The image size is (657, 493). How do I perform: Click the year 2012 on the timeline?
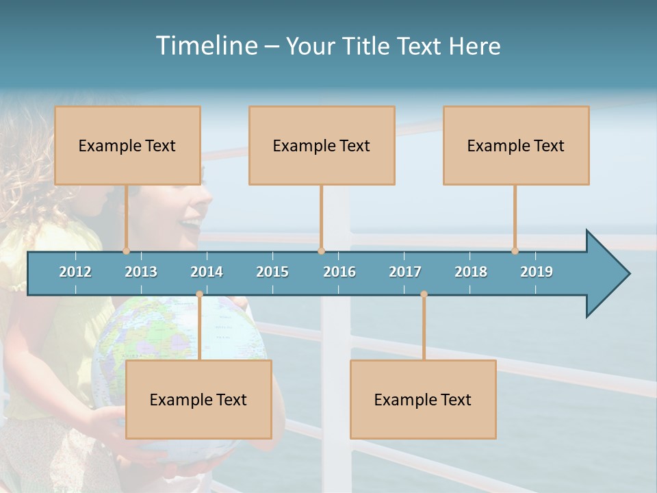click(x=75, y=272)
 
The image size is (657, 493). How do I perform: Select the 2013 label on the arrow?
click(x=141, y=272)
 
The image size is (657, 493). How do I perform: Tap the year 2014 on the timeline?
click(x=207, y=272)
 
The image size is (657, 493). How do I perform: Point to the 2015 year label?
click(x=272, y=272)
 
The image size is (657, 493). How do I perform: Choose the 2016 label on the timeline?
click(x=339, y=272)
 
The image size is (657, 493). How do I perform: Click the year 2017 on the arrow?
click(x=405, y=272)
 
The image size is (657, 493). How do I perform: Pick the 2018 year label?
click(x=471, y=272)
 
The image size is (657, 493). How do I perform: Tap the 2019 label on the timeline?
click(x=537, y=272)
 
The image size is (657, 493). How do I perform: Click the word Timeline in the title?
click(x=205, y=46)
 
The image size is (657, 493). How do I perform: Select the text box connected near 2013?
click(x=127, y=145)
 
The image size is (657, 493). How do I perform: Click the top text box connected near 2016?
click(x=322, y=145)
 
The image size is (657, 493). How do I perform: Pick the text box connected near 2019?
click(x=516, y=145)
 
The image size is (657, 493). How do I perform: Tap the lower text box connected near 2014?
click(x=198, y=399)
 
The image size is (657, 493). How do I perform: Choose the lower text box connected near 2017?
click(x=423, y=399)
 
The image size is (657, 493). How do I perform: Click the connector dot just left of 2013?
click(x=126, y=251)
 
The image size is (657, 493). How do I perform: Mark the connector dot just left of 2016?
click(x=322, y=251)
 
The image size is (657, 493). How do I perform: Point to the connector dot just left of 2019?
click(x=515, y=251)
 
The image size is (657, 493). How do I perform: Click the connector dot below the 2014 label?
click(x=199, y=294)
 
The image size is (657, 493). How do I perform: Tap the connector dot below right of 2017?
click(x=424, y=294)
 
